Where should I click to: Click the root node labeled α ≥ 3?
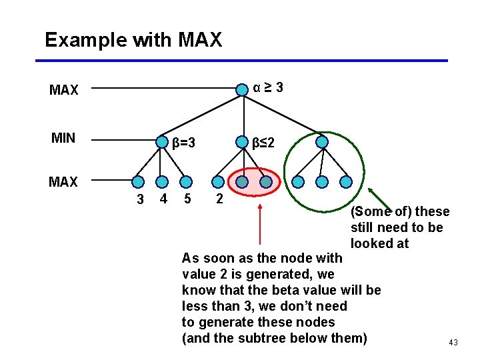tap(242, 89)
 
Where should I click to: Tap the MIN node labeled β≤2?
tap(241, 142)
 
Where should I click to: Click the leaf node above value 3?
tap(137, 181)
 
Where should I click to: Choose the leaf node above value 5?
tap(186, 181)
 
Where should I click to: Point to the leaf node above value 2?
tap(217, 181)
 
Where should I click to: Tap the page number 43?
tap(453, 343)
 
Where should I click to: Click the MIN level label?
tap(63, 138)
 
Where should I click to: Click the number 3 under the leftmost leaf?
tap(140, 199)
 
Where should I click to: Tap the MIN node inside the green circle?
tap(322, 142)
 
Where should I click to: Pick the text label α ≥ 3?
tap(268, 87)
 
